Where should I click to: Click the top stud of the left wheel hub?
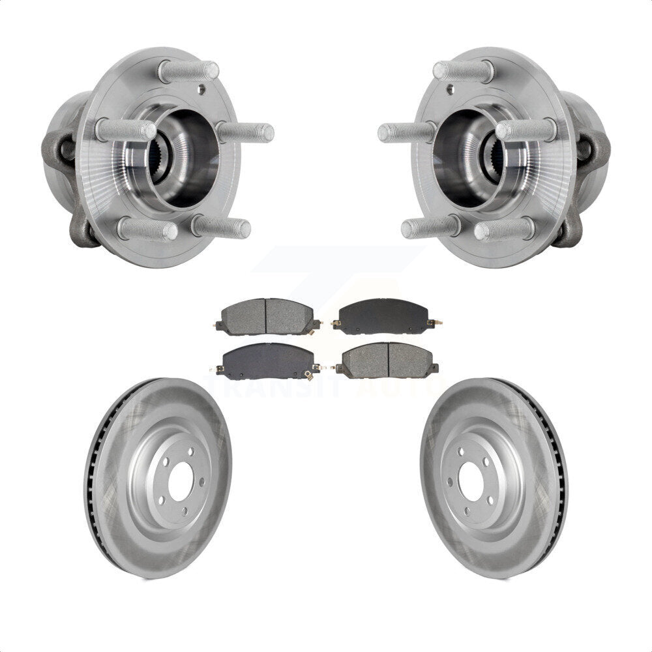188,70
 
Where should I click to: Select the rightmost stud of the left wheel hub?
246,132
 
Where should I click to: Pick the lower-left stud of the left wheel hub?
147,229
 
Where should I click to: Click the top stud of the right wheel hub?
463,70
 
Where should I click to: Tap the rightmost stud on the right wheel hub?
527,130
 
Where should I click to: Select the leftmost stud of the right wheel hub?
406,132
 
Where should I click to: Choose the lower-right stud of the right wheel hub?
505,229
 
